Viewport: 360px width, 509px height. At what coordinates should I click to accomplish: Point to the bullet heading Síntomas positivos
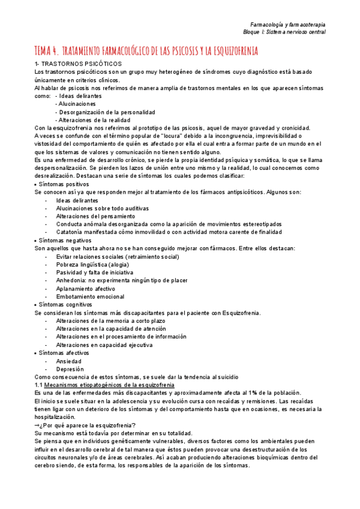[x=60, y=184]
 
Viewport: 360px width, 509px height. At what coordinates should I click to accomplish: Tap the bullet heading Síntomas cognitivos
[x=61, y=305]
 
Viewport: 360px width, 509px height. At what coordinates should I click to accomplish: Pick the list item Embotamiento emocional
[x=91, y=297]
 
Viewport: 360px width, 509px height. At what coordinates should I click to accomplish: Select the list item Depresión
[x=70, y=370]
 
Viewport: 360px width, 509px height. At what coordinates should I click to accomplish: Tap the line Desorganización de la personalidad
[x=105, y=112]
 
